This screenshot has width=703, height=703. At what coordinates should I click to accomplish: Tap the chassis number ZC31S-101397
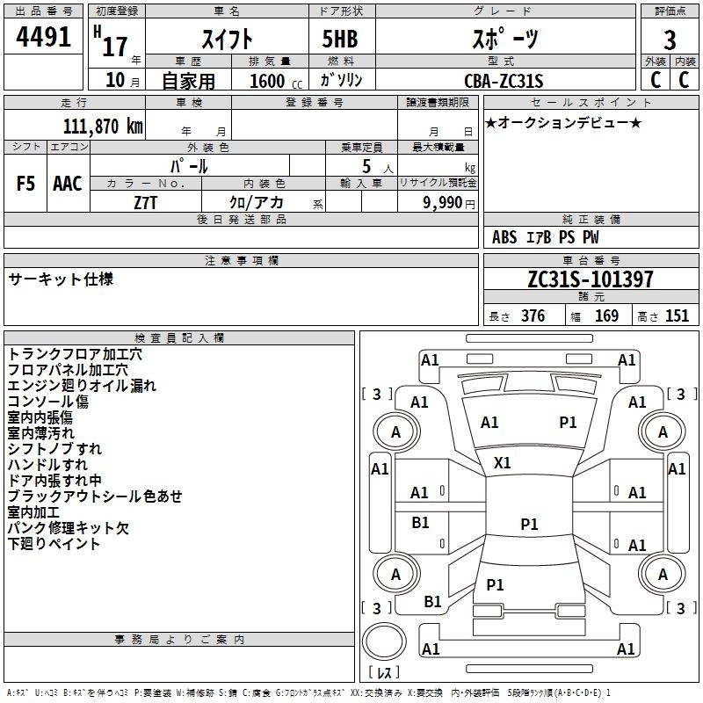(x=591, y=279)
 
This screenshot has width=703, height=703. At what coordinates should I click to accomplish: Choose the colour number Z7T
(x=146, y=201)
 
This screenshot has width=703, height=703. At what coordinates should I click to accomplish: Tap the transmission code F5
(x=26, y=184)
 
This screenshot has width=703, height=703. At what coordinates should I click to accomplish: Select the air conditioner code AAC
(x=68, y=184)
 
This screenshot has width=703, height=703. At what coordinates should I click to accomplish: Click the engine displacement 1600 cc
(x=272, y=81)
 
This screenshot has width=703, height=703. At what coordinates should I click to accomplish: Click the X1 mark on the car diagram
(x=503, y=462)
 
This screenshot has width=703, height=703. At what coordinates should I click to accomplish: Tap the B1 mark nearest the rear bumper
(x=432, y=602)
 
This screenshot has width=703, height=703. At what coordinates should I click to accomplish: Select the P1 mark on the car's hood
(x=568, y=423)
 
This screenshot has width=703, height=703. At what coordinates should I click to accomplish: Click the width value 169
(x=606, y=316)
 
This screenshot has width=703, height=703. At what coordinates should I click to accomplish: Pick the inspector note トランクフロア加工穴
(x=75, y=354)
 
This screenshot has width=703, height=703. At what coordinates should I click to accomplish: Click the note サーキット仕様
(x=61, y=279)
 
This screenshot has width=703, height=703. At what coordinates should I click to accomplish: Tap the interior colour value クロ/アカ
(x=257, y=202)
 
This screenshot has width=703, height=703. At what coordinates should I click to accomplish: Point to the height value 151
(x=677, y=316)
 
